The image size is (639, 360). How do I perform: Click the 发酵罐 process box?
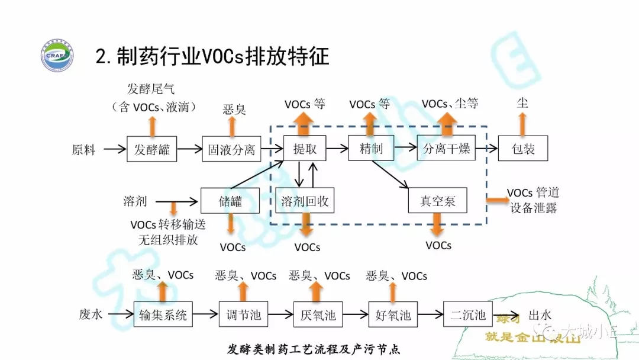[x=152, y=149]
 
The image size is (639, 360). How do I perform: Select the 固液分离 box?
[x=231, y=149]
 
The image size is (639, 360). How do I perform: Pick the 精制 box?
[x=371, y=148]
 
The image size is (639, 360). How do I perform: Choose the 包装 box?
[x=523, y=149]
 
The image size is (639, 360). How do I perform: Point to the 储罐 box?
[x=230, y=201]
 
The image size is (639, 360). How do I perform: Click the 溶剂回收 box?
[x=305, y=201]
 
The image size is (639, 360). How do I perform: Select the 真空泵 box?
[x=438, y=201]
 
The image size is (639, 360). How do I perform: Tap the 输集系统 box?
[x=163, y=315]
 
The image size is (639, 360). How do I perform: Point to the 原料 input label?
[x=83, y=150]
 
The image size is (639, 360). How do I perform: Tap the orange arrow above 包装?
[x=522, y=124]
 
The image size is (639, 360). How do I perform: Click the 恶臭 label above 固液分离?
[x=234, y=109]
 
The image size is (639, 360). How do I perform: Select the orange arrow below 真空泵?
[x=438, y=226]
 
